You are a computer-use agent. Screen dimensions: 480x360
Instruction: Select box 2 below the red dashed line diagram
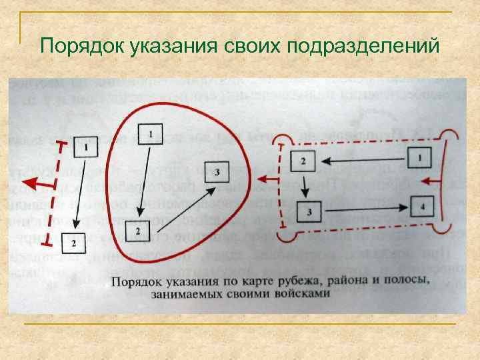(73, 243)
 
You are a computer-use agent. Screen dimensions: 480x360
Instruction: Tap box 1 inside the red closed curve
(151, 135)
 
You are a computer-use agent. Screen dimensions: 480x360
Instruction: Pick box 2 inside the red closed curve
(137, 231)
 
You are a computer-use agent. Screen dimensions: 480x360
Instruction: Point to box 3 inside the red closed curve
(217, 173)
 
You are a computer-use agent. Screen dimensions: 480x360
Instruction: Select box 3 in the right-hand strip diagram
(309, 212)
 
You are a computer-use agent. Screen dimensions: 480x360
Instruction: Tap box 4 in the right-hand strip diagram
(422, 206)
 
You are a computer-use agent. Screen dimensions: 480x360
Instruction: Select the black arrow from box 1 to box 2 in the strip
(363, 160)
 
